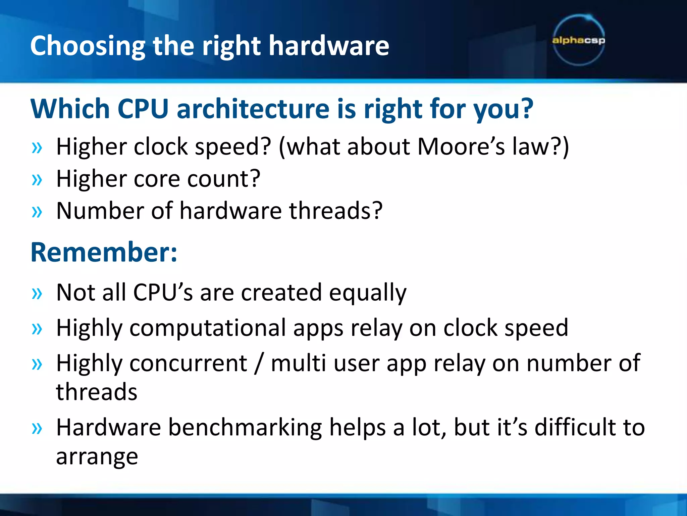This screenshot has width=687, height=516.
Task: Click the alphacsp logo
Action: (x=578, y=40)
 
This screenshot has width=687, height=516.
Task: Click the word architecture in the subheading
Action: (x=253, y=109)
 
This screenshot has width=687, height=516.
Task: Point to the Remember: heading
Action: (x=104, y=252)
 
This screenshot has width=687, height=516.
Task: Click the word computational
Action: (x=208, y=328)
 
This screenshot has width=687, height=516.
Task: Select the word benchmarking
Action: (x=245, y=428)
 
